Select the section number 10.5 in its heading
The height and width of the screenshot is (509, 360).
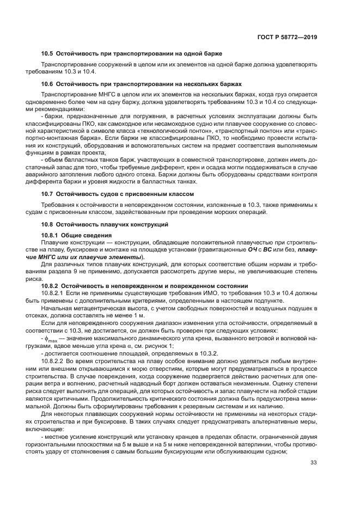point(48,53)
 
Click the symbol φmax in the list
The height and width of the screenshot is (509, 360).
point(52,338)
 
